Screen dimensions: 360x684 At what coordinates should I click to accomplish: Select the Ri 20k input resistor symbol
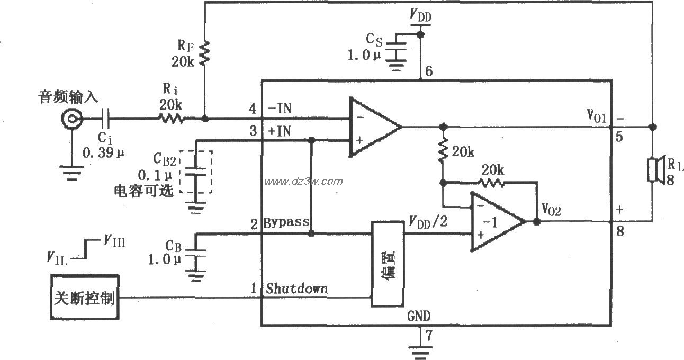170,119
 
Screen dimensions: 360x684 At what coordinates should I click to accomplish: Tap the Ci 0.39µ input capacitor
106,119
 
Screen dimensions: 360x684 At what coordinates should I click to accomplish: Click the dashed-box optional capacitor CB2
196,172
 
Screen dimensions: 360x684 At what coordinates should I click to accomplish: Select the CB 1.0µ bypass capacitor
196,254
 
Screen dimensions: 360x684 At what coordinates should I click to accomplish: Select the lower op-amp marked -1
496,221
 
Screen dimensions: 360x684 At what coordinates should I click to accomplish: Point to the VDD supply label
421,16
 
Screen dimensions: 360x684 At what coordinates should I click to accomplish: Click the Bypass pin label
286,222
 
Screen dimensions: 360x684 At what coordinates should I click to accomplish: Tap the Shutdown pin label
296,289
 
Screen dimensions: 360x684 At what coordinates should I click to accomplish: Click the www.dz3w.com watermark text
304,181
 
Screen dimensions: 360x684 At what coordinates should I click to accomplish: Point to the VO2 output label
551,210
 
